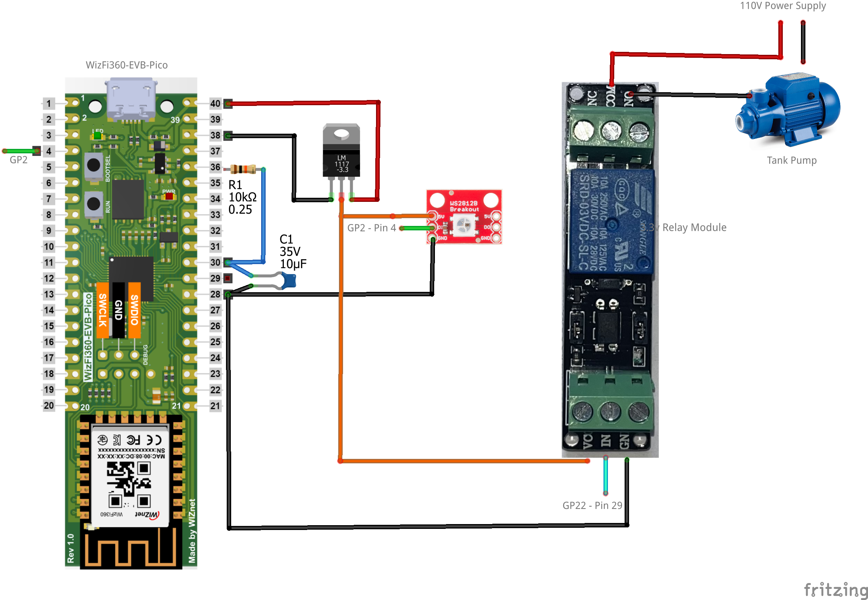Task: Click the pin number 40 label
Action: [x=215, y=103]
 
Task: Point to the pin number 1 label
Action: [x=49, y=103]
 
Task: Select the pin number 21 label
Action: [x=215, y=406]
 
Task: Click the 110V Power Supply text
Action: [x=783, y=6]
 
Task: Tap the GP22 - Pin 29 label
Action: [x=592, y=505]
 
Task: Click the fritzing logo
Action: [x=835, y=589]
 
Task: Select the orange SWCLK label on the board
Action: [x=102, y=310]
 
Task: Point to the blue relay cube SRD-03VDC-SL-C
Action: [x=611, y=221]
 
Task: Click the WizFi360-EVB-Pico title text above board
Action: [x=127, y=65]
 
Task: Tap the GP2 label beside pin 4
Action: [x=18, y=160]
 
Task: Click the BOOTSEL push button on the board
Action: [x=93, y=165]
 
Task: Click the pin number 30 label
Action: [x=215, y=262]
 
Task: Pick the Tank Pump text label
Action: [x=791, y=160]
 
